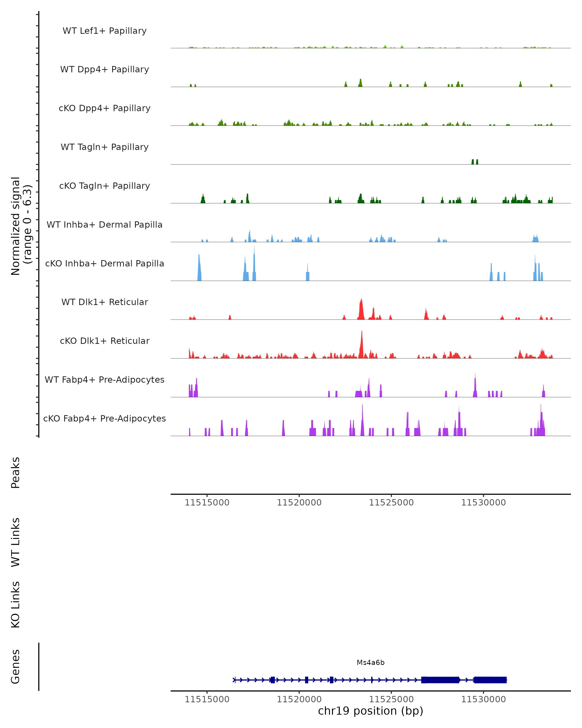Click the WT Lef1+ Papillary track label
click(x=105, y=31)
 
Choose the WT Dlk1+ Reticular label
click(x=105, y=302)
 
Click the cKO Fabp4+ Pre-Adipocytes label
click(x=105, y=418)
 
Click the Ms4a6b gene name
click(x=371, y=662)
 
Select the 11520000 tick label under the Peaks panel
click(x=299, y=503)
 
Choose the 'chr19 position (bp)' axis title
click(x=371, y=711)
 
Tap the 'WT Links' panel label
click(x=16, y=542)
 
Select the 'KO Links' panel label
click(x=16, y=604)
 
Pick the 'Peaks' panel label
click(x=16, y=472)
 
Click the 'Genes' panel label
click(x=16, y=667)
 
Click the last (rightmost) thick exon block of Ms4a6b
click(x=490, y=680)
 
